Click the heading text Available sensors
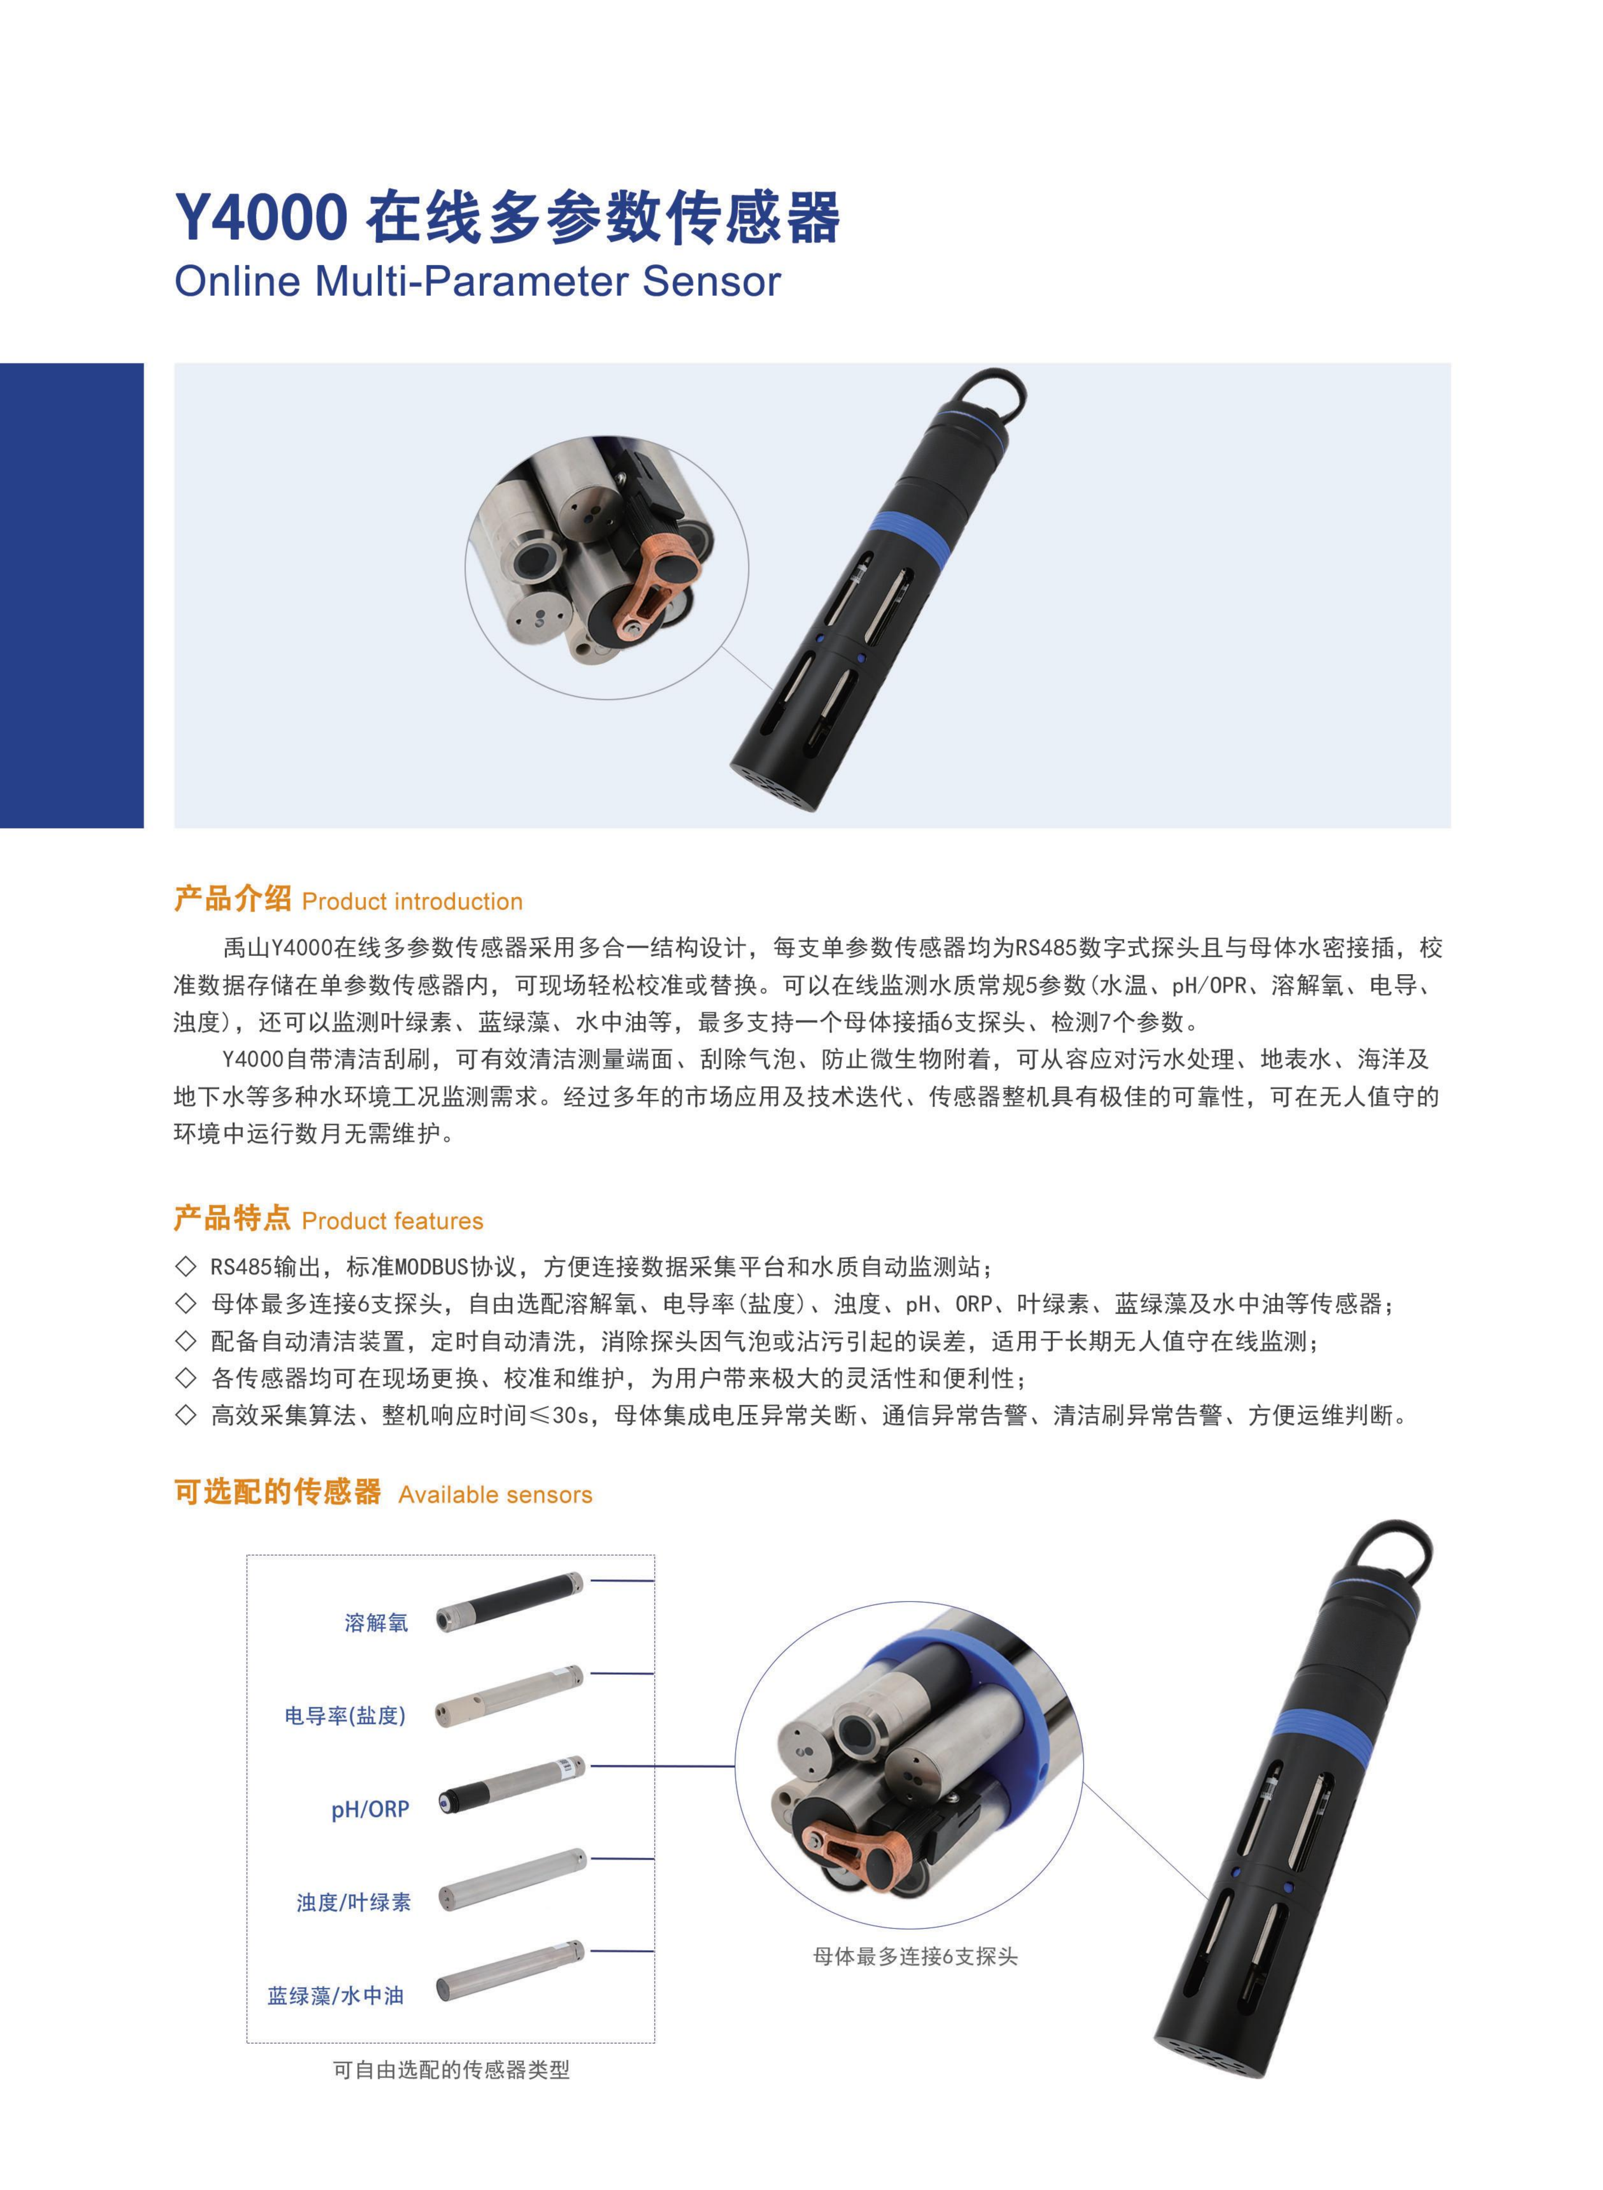(495, 1494)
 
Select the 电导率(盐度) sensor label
(344, 1716)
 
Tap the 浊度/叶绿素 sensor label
(353, 1902)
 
